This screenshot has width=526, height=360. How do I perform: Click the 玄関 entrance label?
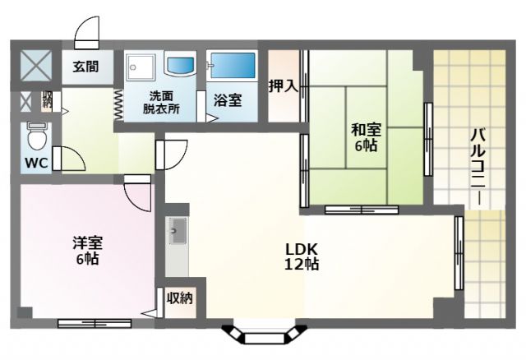point(85,67)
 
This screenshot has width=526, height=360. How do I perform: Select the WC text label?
point(36,163)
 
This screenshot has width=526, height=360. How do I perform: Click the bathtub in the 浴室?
point(232,66)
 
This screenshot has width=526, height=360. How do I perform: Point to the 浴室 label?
point(228,100)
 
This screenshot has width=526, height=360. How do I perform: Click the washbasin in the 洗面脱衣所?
point(180,66)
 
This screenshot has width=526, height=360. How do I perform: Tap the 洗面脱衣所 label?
point(161,103)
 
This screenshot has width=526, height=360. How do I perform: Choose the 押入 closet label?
point(284,86)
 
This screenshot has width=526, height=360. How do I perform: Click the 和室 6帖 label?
point(366,137)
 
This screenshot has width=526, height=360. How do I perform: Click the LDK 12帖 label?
point(302,256)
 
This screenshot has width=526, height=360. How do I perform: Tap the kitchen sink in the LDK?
point(178,230)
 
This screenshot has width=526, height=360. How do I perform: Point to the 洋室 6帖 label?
point(88,251)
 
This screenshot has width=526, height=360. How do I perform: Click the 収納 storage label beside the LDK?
point(180,298)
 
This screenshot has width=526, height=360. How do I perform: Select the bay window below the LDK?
point(264,334)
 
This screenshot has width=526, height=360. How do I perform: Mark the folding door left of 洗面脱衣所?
point(118,105)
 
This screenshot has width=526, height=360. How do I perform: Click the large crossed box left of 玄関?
point(36,66)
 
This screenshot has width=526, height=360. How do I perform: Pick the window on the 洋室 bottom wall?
point(95,324)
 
